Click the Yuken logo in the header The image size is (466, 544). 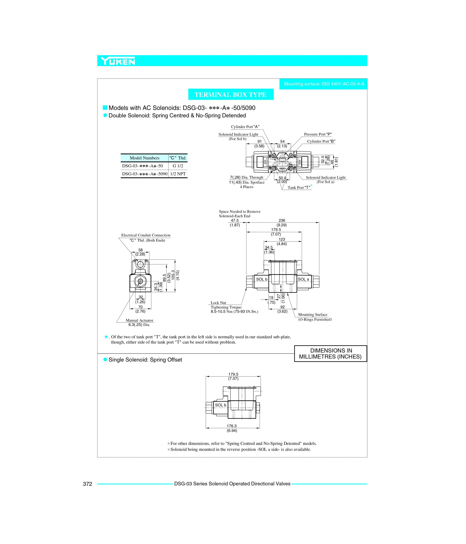click(118, 61)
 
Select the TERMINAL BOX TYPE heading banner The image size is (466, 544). click(231, 95)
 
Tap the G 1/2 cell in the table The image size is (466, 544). click(178, 166)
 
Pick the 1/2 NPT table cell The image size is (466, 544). click(178, 174)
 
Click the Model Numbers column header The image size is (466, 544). click(144, 158)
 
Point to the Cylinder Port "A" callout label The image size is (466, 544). click(245, 127)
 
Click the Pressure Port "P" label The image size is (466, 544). click(318, 134)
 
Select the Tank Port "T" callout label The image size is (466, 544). click(299, 187)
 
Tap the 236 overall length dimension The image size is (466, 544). click(282, 221)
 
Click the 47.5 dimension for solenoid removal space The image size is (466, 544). click(235, 221)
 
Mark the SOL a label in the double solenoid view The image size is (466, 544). click(303, 279)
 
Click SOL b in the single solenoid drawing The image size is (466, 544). click(221, 405)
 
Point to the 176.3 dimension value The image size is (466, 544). click(232, 426)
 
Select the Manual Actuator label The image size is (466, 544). click(139, 320)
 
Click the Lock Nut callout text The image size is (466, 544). click(218, 303)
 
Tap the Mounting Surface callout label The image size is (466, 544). click(313, 314)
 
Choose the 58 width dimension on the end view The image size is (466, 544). click(140, 250)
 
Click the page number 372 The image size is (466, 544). click(87, 484)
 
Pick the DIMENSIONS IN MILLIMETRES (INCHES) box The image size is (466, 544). click(330, 354)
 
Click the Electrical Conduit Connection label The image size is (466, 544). click(146, 235)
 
